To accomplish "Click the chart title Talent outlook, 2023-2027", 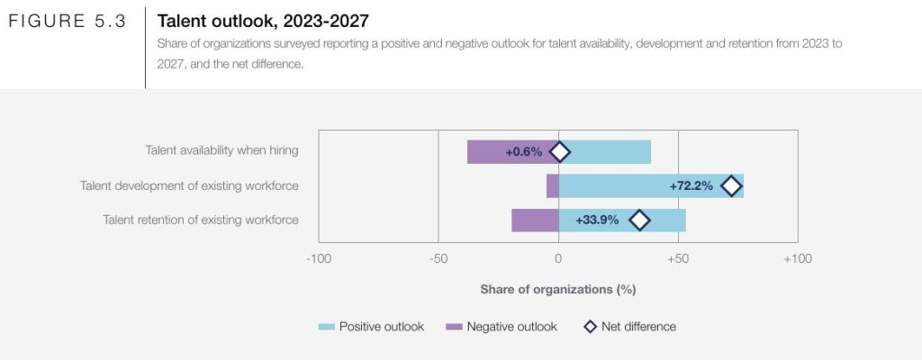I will pos(263,20).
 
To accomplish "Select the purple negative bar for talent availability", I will pos(491,152).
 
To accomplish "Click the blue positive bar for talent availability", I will pos(612,152).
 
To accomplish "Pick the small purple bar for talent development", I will pos(552,186).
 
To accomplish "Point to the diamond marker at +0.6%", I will pos(560,152).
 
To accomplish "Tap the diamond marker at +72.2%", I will pos(731,186).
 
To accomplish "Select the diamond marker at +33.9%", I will pos(639,220).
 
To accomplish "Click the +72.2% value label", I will pos(691,186).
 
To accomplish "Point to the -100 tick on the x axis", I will pos(319,259).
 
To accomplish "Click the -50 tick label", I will pos(438,259).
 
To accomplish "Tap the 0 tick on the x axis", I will pos(558,259).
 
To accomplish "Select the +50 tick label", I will pos(678,259).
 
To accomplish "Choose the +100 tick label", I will pos(797,259).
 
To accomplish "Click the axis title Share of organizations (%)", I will pos(558,290).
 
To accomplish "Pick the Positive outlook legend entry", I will pos(371,327).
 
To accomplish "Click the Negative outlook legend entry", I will pos(502,327).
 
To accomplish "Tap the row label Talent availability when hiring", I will pos(221,151).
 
